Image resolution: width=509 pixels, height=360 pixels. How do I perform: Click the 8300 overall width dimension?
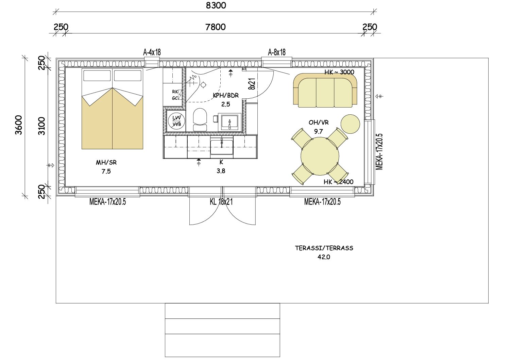coord(216,5)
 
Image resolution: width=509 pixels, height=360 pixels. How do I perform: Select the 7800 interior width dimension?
coord(216,27)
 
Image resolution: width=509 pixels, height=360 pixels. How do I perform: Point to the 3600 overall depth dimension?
coord(19,125)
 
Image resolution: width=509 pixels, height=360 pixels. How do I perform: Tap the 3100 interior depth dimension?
coord(41,126)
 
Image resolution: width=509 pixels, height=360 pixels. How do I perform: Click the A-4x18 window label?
coord(152,52)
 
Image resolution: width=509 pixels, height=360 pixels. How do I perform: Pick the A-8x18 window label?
coord(277,52)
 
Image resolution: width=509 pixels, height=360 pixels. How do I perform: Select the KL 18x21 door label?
coord(221,202)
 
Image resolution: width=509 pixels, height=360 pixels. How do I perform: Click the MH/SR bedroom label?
coord(106,162)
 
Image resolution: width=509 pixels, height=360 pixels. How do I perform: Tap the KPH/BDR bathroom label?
coord(226,95)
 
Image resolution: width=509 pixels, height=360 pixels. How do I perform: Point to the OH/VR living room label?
coord(319,122)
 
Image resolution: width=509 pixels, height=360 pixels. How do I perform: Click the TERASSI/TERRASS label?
coord(324,248)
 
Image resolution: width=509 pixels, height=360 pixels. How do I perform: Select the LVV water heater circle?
coord(176,121)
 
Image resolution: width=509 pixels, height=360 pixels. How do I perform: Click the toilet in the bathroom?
coord(200,120)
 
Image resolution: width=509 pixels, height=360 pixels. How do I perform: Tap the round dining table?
coord(320,156)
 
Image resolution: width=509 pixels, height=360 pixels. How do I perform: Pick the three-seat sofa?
coord(325,90)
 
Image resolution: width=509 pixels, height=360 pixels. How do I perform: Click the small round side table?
coord(350,124)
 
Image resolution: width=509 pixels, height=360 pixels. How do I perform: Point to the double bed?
coord(112,109)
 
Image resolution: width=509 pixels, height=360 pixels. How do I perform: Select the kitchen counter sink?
coord(222,147)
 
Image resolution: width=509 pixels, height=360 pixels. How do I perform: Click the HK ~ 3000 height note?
coord(339,72)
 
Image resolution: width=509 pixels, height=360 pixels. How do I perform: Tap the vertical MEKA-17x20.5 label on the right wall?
coord(379,152)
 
